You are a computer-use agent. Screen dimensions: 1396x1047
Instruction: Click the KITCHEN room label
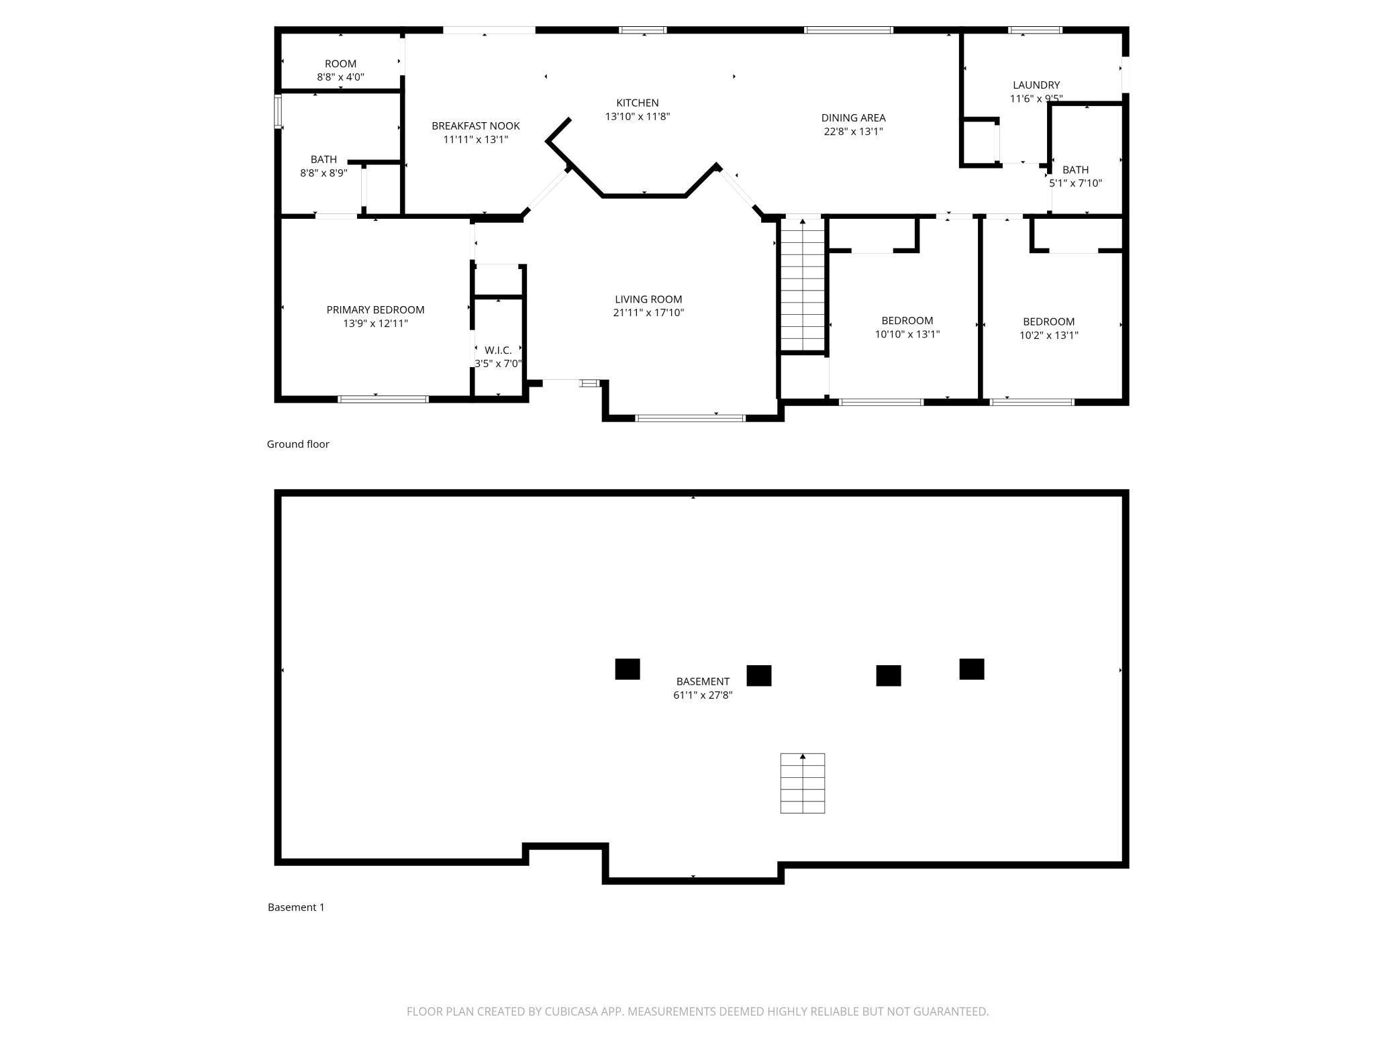[638, 103]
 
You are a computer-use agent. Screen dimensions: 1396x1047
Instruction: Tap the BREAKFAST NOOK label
[476, 126]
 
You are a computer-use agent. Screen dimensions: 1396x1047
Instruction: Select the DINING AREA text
[853, 117]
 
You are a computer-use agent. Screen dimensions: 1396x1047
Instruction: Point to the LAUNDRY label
[1036, 85]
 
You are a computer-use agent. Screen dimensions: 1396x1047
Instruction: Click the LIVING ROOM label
[648, 299]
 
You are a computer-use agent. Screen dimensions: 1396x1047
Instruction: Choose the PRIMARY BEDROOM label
[375, 309]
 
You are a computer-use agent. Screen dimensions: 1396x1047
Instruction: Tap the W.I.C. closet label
[498, 350]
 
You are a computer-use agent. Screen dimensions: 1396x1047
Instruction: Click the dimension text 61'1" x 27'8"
[703, 695]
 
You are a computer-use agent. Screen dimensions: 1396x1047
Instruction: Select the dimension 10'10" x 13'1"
[907, 334]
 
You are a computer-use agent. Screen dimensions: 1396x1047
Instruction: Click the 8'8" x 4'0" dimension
[341, 77]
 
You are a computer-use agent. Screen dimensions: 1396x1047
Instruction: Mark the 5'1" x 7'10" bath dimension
[1076, 183]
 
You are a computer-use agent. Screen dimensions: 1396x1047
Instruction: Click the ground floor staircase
[803, 285]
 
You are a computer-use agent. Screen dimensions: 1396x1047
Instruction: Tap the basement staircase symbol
[803, 783]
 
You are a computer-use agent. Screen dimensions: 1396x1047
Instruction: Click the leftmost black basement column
[628, 669]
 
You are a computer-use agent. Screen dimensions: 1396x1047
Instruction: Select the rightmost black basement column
[972, 669]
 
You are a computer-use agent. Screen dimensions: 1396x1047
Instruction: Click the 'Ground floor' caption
[298, 444]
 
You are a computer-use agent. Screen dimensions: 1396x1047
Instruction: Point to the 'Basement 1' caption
[296, 907]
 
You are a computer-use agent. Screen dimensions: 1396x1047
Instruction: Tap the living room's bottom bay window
[690, 418]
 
